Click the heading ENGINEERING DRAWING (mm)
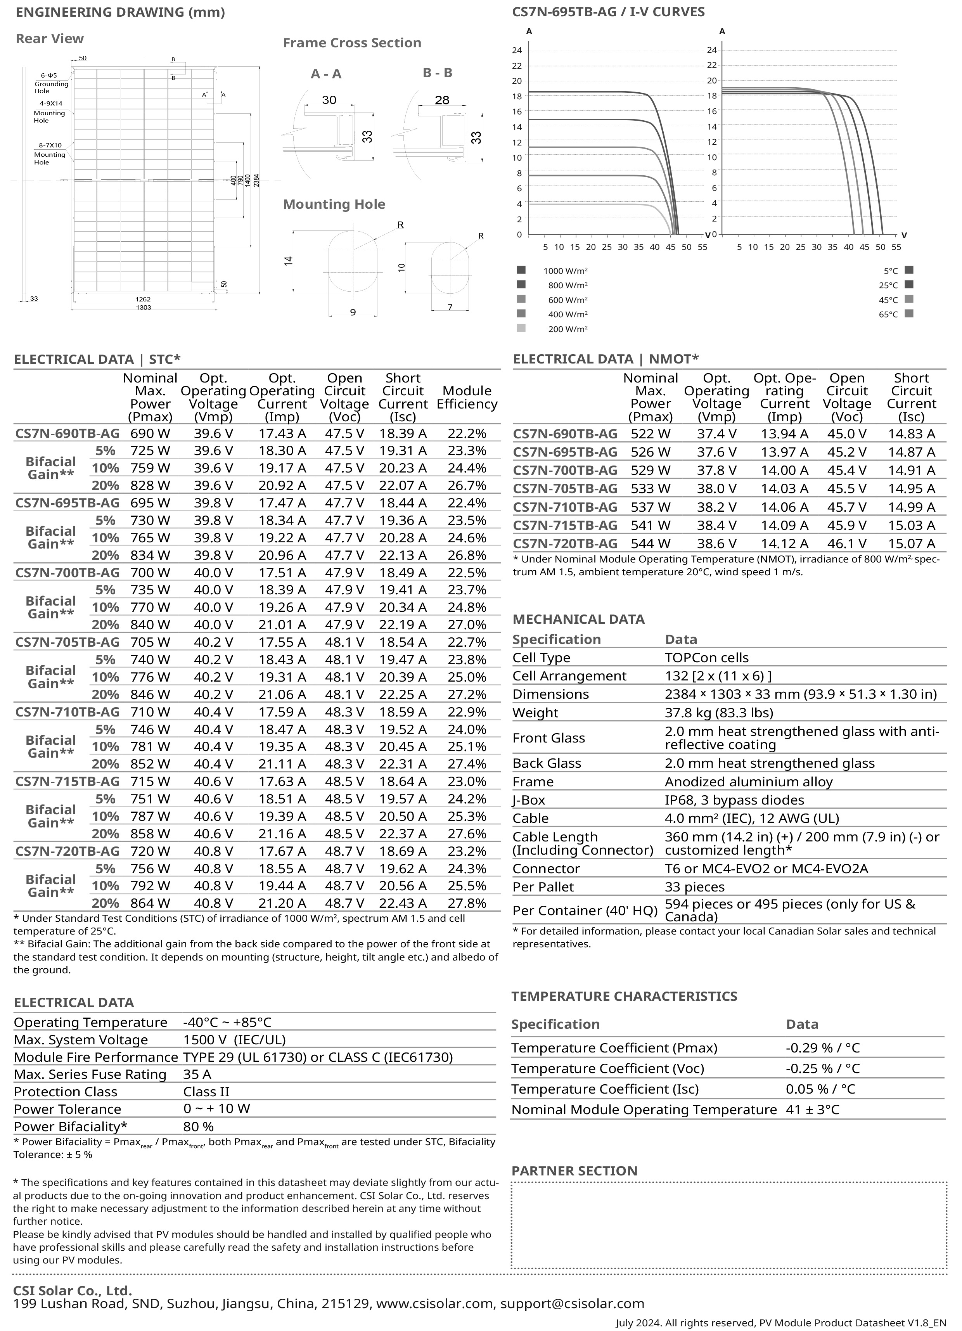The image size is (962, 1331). pyautogui.click(x=120, y=12)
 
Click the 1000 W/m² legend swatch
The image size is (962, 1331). pyautogui.click(x=521, y=270)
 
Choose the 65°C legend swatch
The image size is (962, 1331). pyautogui.click(x=909, y=314)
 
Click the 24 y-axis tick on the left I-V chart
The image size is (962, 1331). pyautogui.click(x=517, y=50)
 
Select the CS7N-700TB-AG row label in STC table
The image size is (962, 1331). pyautogui.click(x=67, y=573)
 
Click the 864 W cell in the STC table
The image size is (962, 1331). pyautogui.click(x=150, y=903)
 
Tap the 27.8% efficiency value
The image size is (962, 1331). pyautogui.click(x=467, y=903)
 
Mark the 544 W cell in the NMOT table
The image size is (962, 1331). pyautogui.click(x=651, y=543)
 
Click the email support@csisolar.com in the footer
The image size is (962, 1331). pyautogui.click(x=572, y=1304)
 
